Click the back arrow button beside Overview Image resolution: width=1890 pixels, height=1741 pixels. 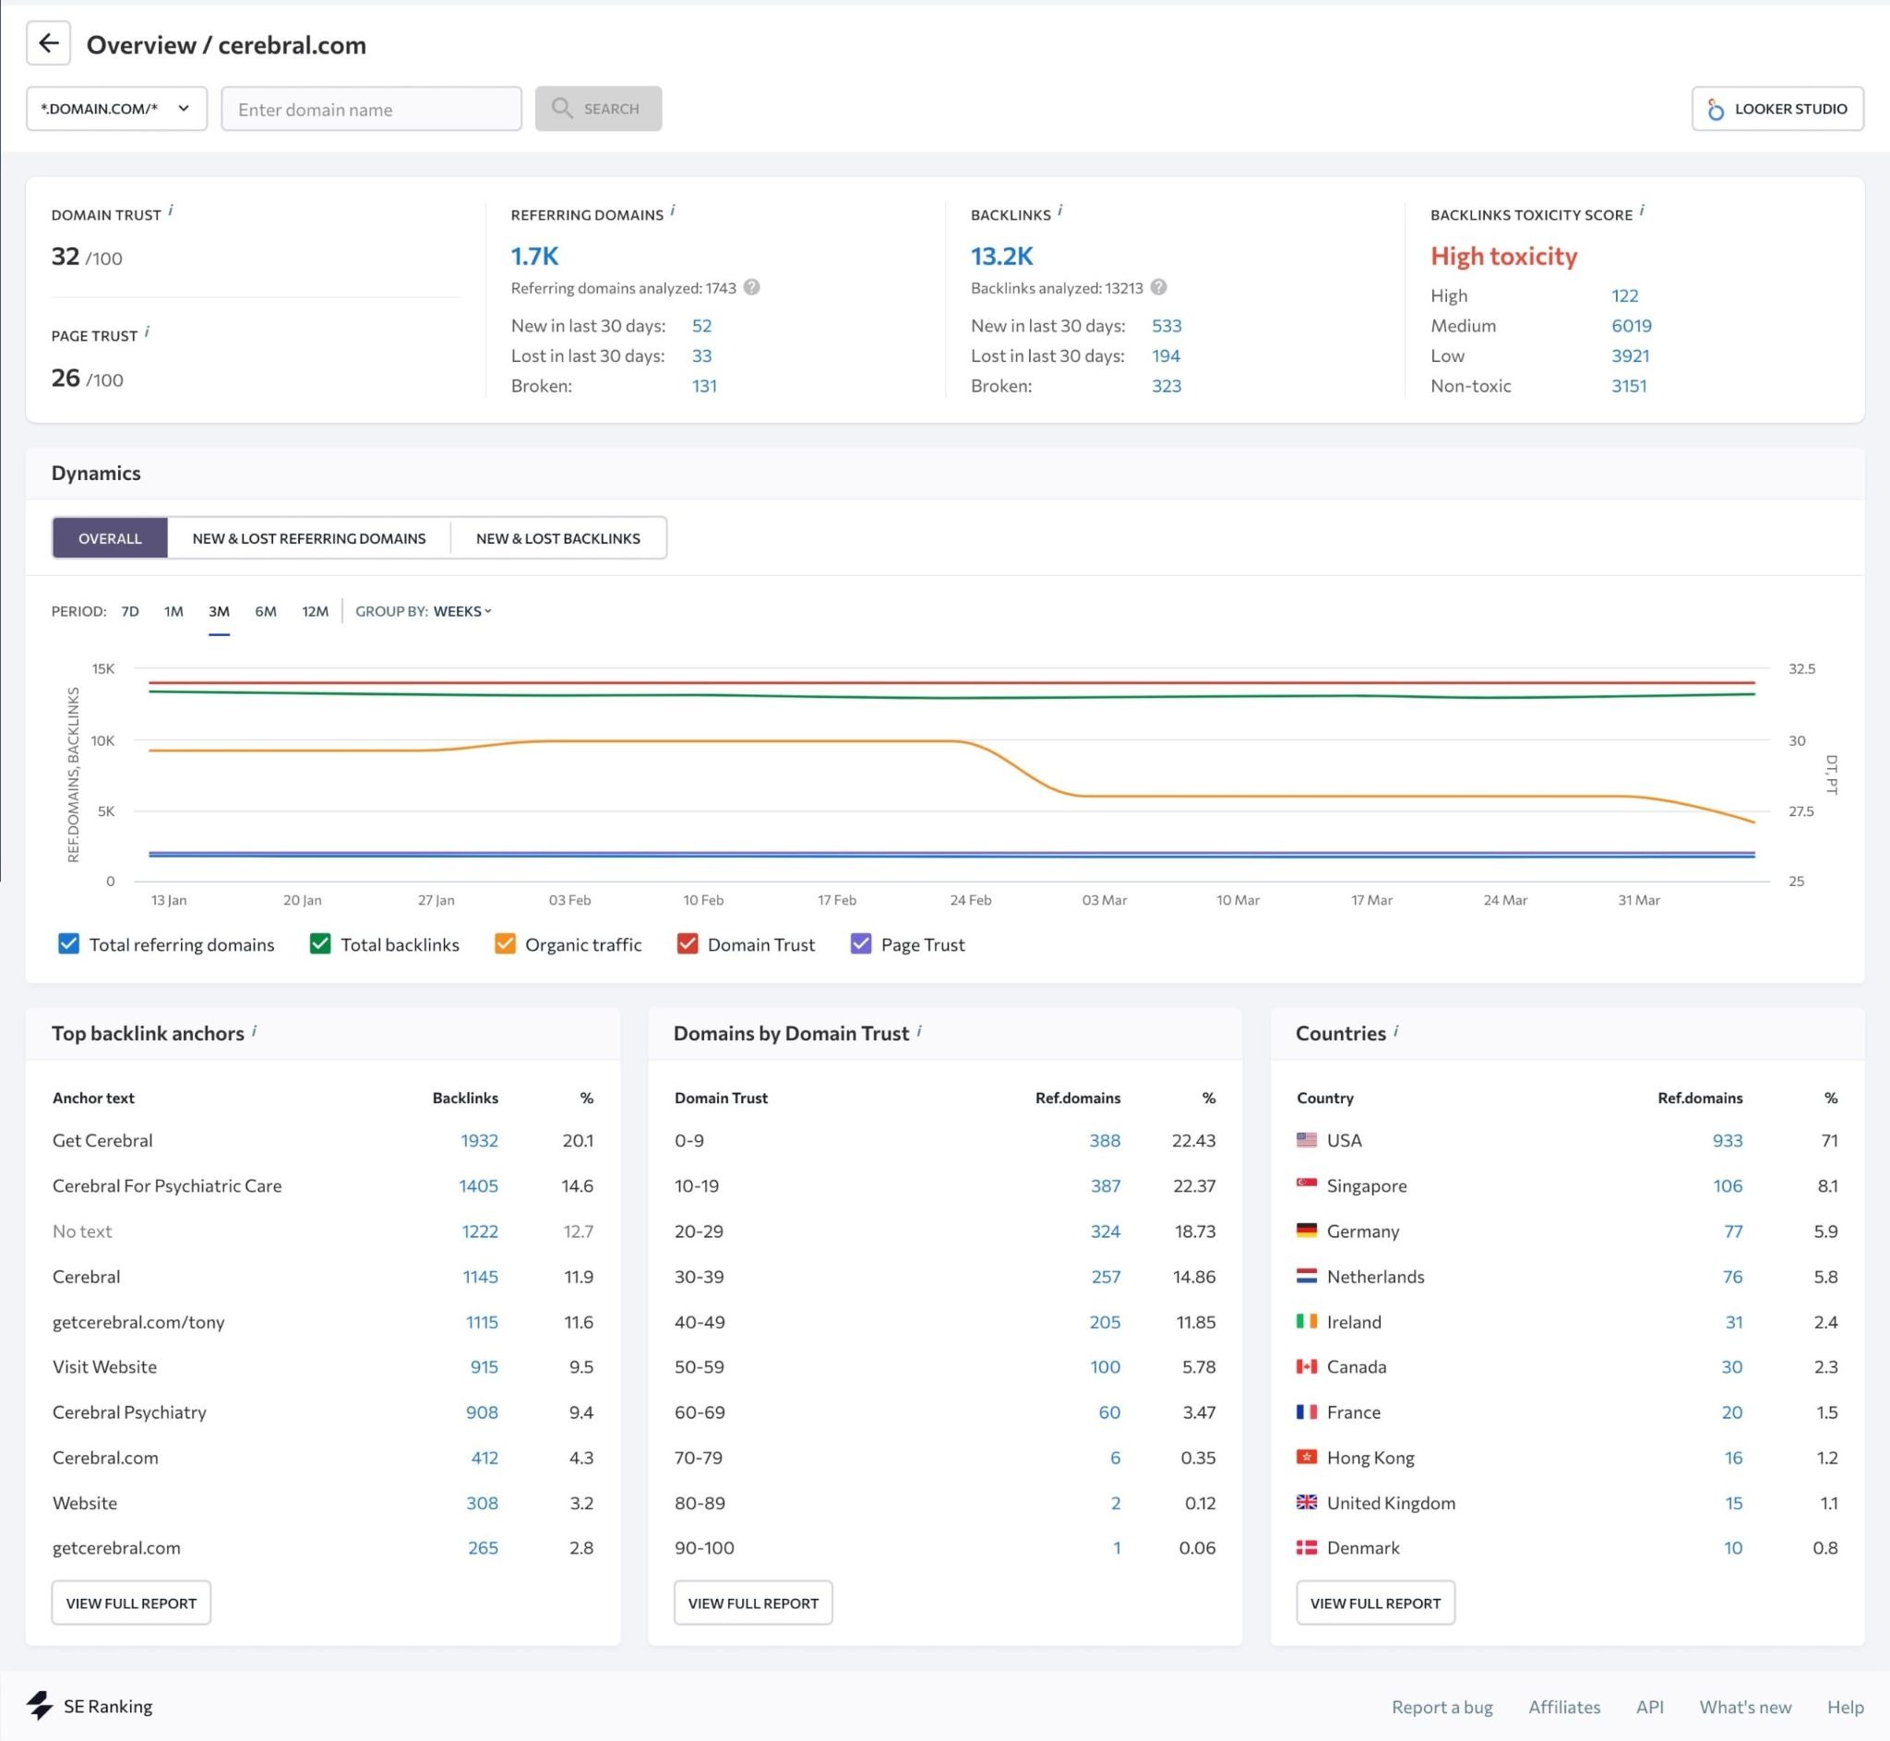(48, 44)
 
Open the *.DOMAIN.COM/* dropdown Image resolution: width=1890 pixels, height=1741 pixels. (116, 108)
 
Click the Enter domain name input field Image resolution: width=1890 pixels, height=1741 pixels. (371, 109)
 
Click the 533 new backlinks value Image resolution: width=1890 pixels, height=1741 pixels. (1166, 326)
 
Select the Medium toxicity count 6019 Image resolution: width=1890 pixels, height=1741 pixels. (1631, 326)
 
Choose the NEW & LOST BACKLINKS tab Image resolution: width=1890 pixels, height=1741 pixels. (557, 538)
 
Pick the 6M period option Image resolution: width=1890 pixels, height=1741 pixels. (266, 611)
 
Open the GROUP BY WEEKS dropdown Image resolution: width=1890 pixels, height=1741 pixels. (461, 611)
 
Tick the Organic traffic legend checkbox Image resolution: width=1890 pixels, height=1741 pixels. (505, 944)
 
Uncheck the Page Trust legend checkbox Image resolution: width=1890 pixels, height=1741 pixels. (861, 944)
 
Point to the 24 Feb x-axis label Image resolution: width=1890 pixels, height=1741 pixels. (970, 900)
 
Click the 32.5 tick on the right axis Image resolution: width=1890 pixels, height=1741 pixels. (1800, 669)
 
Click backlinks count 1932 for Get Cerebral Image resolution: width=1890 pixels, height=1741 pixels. (479, 1140)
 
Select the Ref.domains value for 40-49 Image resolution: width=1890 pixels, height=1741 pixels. (1105, 1322)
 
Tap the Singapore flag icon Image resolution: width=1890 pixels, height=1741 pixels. (1306, 1184)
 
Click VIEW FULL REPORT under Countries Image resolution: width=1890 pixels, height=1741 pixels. (1375, 1603)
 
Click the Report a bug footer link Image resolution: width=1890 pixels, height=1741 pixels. (1441, 1707)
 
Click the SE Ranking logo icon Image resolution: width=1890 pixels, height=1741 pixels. (40, 1705)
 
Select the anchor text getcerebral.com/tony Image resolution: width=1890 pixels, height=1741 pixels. (138, 1322)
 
